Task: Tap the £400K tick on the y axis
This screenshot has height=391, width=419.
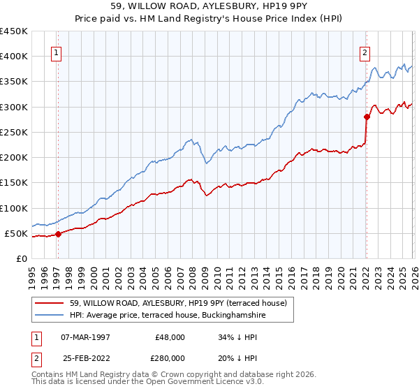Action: [14, 56]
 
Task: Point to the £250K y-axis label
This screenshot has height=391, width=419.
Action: [14, 132]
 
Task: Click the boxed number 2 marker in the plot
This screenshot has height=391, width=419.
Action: [365, 51]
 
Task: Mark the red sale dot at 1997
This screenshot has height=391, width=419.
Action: [59, 234]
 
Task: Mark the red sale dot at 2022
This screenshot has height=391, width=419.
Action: [367, 117]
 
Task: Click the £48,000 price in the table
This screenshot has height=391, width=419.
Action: [169, 337]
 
